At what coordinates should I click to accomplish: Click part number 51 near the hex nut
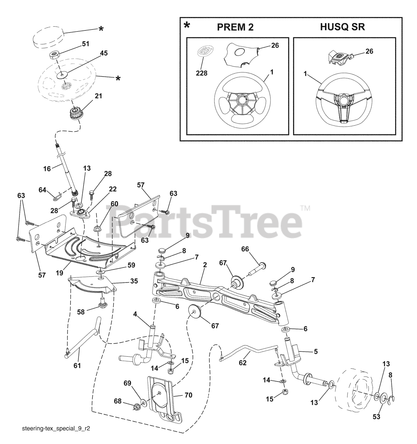point(85,44)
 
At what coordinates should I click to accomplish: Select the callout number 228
point(202,73)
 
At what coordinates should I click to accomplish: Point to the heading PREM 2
point(235,27)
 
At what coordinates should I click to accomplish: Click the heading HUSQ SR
point(342,27)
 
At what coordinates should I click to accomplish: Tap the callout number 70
point(189,395)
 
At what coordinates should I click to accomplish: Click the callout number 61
point(77,366)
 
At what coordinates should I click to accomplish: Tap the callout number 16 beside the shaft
point(47,169)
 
